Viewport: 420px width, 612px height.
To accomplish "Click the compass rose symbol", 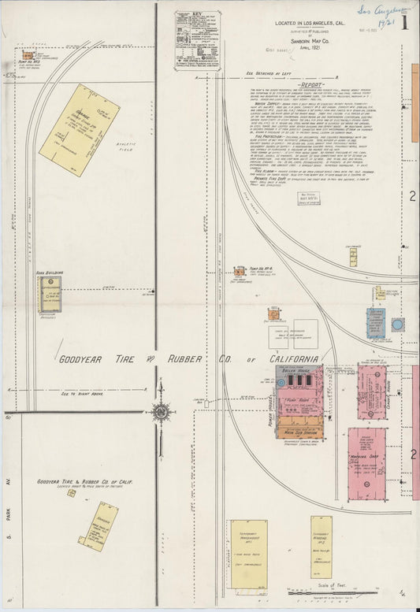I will [x=161, y=411].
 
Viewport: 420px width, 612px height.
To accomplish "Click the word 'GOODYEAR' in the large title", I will [x=84, y=359].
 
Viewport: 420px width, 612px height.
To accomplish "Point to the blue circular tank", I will [x=398, y=324].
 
